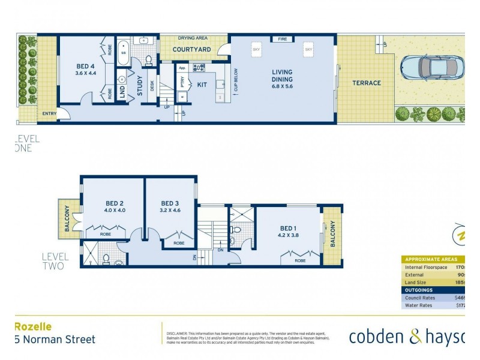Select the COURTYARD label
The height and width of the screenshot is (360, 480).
[x=190, y=50]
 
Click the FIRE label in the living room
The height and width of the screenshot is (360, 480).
[x=281, y=39]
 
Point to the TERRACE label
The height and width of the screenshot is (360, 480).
[x=366, y=83]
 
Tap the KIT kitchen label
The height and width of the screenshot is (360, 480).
[x=202, y=85]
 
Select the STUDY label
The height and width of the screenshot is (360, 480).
[x=139, y=85]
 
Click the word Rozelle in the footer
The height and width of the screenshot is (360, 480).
[x=34, y=327]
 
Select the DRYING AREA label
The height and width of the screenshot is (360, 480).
[x=193, y=38]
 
